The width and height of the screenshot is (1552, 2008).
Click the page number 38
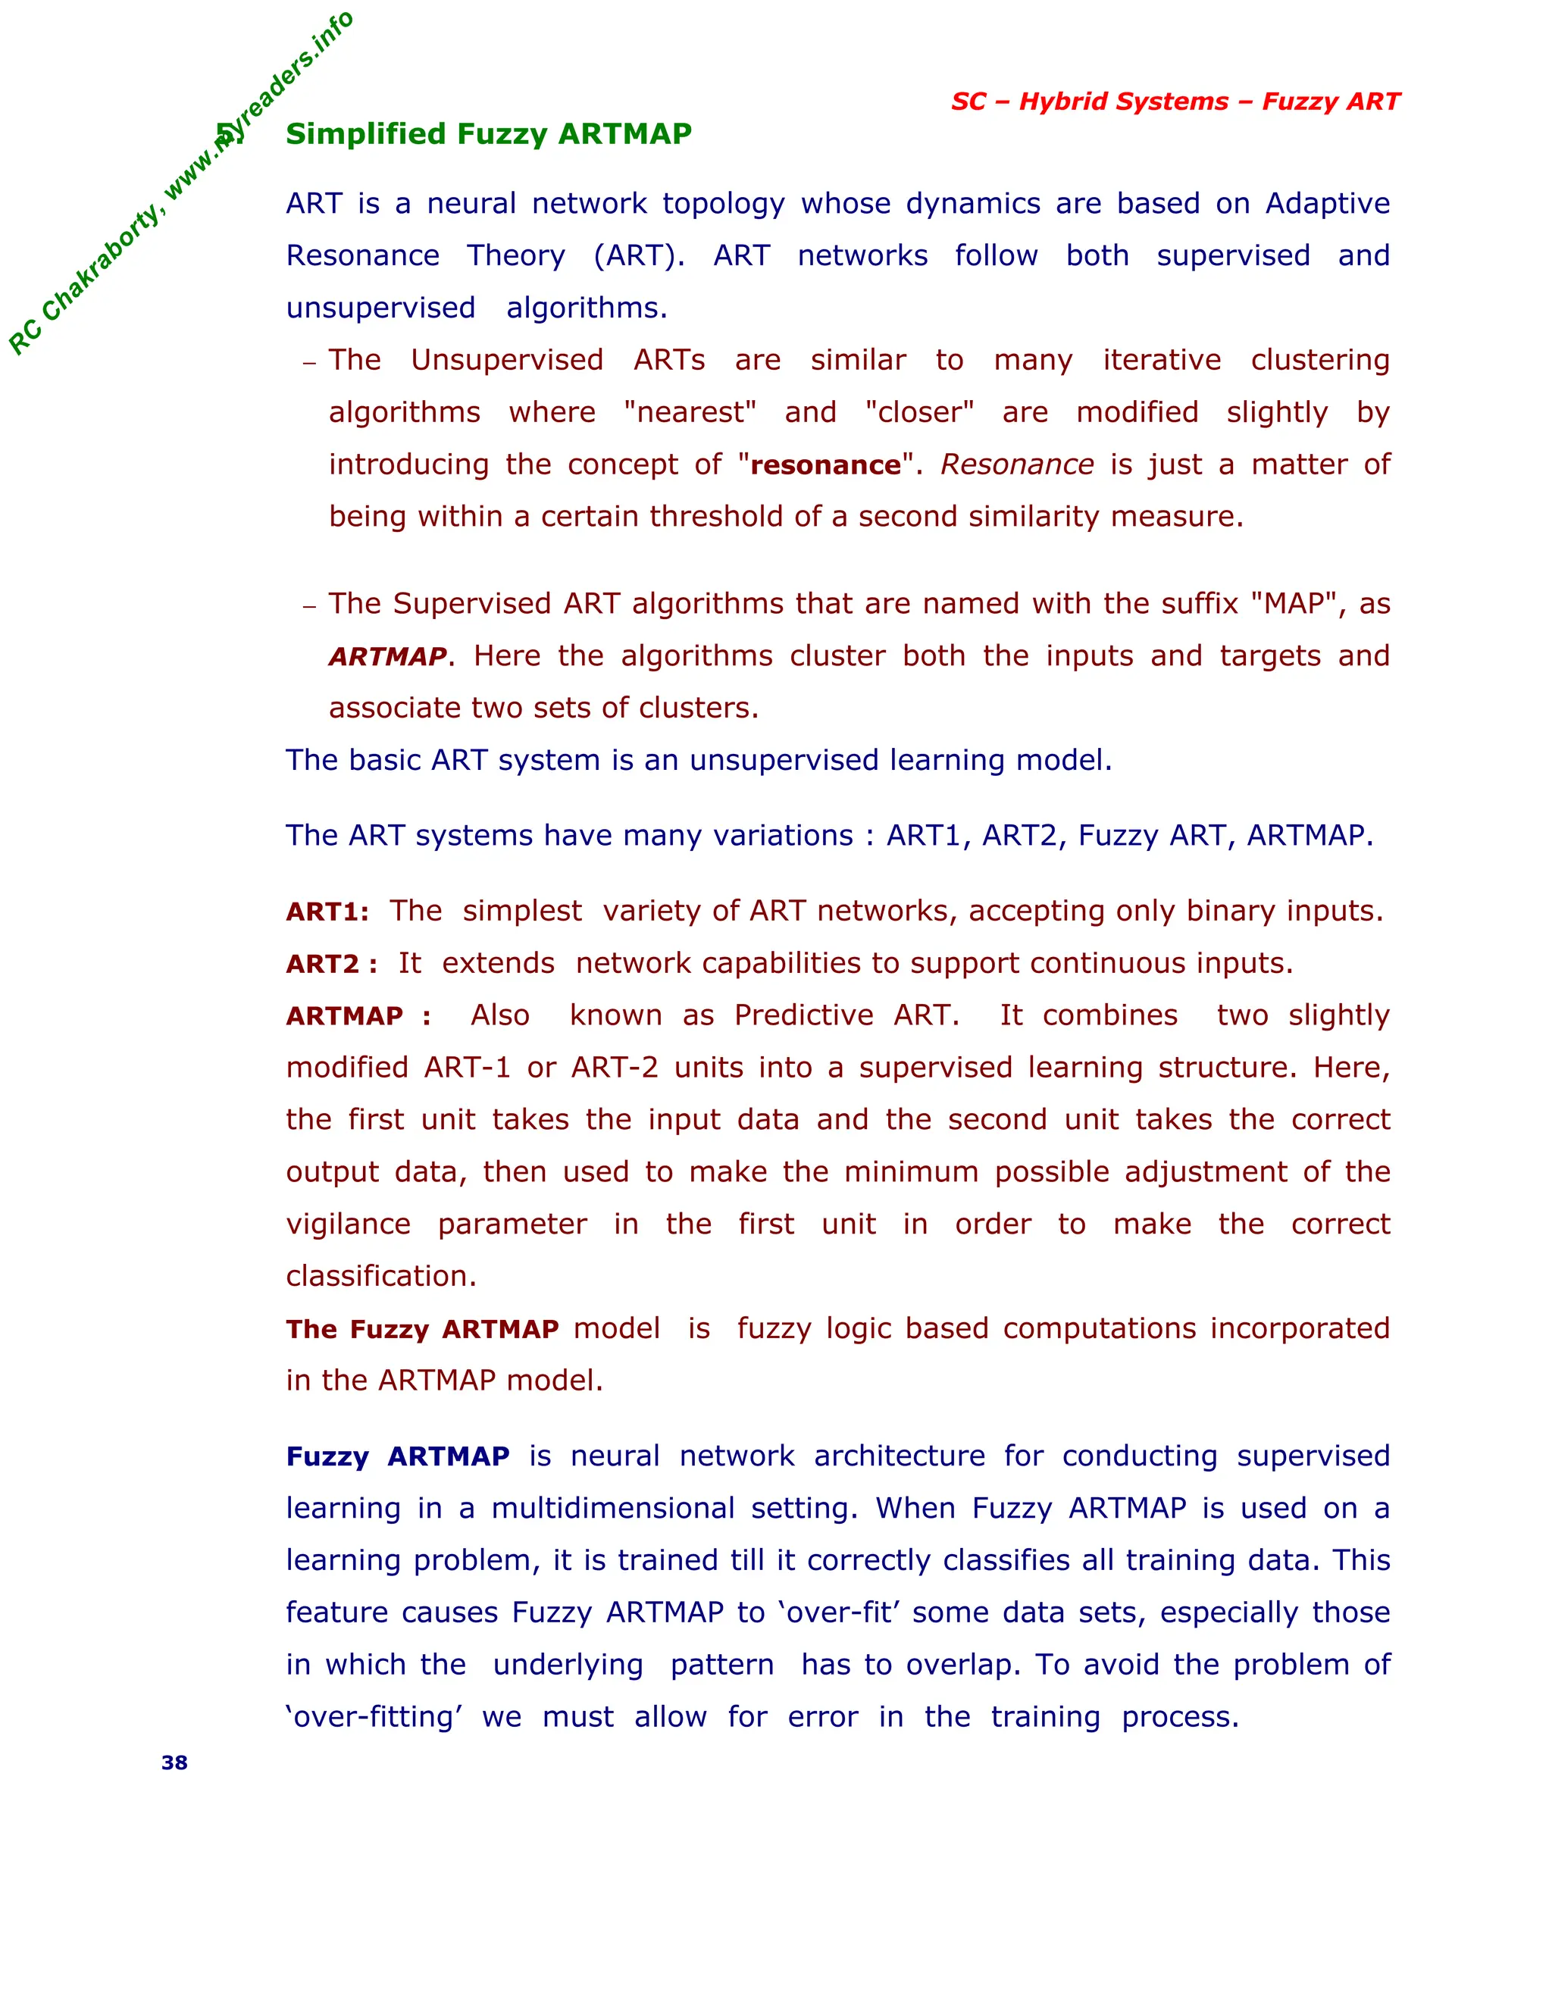[x=175, y=1762]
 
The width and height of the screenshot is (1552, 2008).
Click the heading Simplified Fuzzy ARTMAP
[x=488, y=134]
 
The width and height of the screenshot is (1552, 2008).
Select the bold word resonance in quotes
[x=826, y=465]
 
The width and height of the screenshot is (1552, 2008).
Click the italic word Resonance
[x=1017, y=465]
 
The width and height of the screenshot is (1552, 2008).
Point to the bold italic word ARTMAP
[x=387, y=656]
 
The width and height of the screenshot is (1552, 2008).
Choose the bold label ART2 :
[x=331, y=965]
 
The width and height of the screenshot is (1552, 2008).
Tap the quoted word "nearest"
[x=690, y=413]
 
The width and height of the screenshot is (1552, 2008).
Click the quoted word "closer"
[x=919, y=413]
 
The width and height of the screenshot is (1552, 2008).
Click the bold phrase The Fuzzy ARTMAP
[x=422, y=1330]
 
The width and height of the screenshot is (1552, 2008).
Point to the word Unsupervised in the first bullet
[x=507, y=361]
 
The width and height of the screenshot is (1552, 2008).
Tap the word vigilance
[x=348, y=1225]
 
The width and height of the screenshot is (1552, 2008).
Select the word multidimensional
[x=612, y=1509]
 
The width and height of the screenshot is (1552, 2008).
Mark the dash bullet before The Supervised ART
[x=310, y=606]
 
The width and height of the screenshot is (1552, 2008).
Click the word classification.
[x=380, y=1277]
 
